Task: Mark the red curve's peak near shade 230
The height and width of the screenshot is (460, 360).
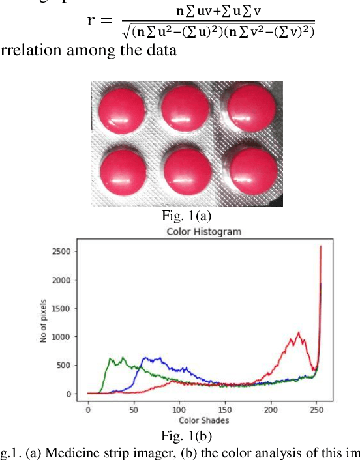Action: [x=298, y=333]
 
